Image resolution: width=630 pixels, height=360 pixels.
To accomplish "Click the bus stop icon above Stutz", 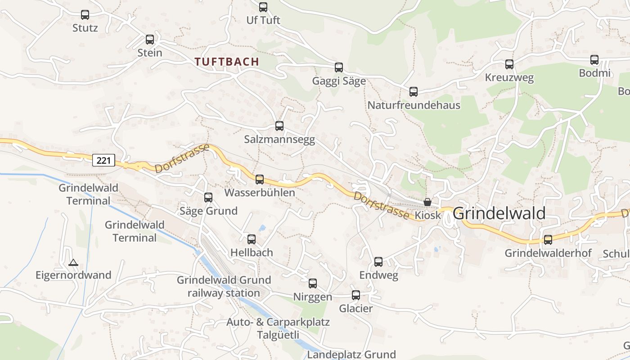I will (85, 15).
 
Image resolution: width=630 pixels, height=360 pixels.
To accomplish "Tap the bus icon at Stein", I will (150, 40).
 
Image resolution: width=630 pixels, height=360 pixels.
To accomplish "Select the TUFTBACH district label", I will (227, 62).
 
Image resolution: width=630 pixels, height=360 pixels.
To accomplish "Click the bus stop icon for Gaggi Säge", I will (339, 67).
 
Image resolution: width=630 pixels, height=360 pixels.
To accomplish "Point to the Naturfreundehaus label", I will (414, 105).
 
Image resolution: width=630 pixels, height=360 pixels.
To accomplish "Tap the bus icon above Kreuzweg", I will (509, 64).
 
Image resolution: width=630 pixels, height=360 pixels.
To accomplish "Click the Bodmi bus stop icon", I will (594, 60).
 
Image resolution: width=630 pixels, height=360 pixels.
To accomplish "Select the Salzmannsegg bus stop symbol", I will (279, 126).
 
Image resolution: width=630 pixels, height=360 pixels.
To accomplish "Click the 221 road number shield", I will (104, 160).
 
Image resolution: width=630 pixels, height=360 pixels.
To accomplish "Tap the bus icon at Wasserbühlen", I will (260, 180).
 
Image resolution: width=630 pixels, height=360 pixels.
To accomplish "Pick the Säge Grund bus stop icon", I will (208, 198).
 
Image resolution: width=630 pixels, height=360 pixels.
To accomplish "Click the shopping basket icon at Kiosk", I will (427, 202).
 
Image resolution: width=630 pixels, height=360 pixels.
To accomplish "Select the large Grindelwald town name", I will (499, 213).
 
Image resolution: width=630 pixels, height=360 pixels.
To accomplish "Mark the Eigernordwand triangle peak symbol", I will (73, 262).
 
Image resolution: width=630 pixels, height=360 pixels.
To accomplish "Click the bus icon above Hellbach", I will (252, 239).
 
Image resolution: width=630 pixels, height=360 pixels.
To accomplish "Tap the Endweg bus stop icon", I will (378, 262).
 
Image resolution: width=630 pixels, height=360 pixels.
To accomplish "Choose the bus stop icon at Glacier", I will (356, 295).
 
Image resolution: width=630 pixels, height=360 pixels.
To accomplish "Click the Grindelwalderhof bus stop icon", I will (548, 240).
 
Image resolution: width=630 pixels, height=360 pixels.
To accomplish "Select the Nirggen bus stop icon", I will (313, 283).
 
